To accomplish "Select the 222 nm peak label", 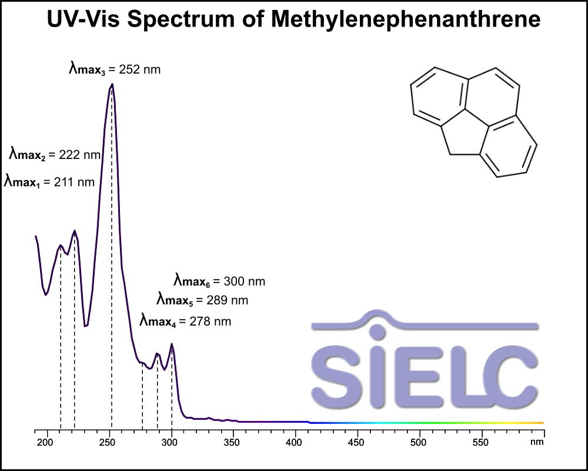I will tap(55, 155).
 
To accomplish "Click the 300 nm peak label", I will tap(219, 281).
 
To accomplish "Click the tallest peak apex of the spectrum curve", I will tap(112, 84).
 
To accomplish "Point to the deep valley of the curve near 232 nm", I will tap(86, 326).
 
